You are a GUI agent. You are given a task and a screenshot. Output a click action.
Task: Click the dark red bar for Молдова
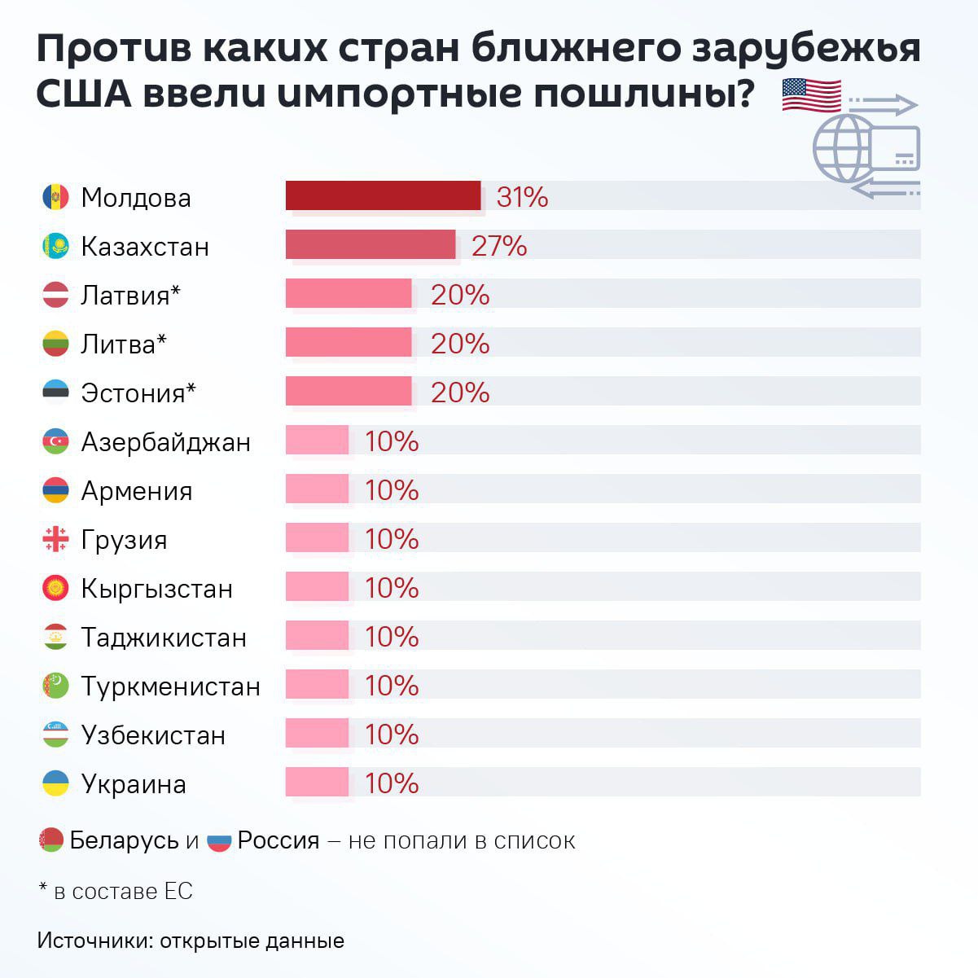(383, 196)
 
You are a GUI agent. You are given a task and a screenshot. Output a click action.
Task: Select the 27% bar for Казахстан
(370, 245)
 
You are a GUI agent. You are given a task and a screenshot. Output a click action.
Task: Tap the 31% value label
(522, 197)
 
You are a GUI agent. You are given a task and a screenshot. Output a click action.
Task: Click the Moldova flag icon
(55, 197)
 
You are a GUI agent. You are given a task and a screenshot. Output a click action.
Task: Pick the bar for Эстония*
(348, 392)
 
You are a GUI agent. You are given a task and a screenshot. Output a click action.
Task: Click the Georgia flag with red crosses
(55, 539)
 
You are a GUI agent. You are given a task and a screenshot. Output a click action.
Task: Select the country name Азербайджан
(165, 442)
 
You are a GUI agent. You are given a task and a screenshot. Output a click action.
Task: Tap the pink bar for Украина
(317, 783)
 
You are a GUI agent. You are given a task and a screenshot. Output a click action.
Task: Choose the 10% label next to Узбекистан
(392, 735)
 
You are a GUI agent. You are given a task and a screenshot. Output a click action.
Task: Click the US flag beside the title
(811, 96)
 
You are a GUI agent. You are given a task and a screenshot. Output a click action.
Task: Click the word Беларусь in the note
(124, 840)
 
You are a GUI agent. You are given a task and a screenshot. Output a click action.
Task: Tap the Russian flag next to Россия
(220, 840)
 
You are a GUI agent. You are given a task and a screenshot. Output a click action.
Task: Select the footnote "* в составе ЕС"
(116, 891)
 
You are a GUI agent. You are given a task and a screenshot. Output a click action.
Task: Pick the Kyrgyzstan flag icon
(55, 588)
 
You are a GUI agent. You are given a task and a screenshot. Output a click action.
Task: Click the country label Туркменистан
(170, 686)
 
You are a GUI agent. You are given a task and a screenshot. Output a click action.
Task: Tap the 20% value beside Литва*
(460, 344)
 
